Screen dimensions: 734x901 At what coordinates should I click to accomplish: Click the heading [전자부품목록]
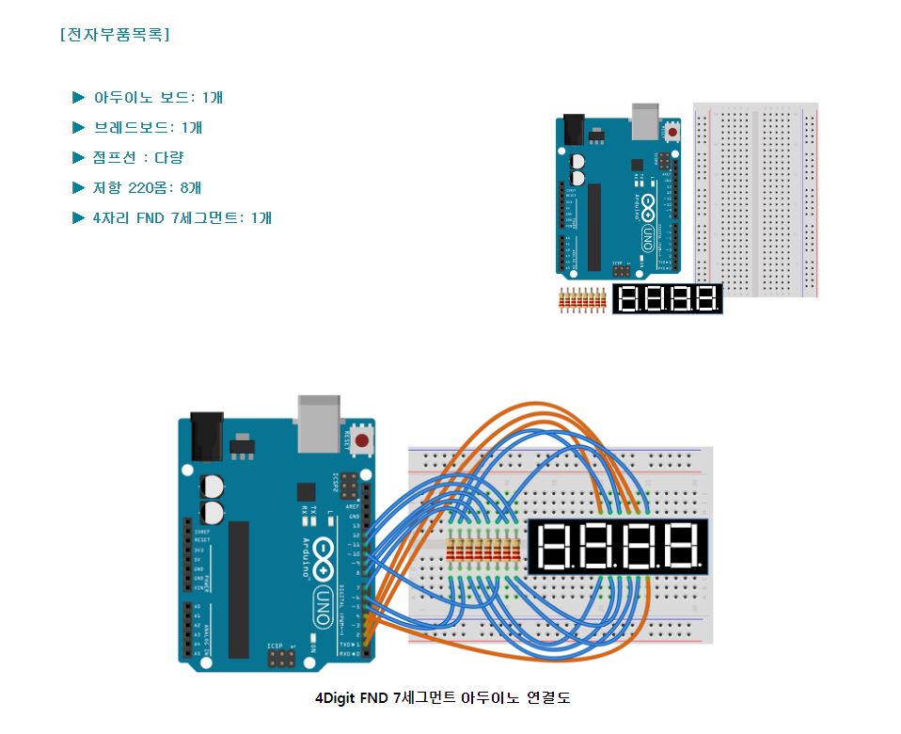pyautogui.click(x=114, y=35)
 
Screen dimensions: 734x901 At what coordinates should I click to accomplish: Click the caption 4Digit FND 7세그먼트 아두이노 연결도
pyautogui.click(x=442, y=697)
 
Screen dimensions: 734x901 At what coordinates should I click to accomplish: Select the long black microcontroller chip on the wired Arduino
pyautogui.click(x=238, y=589)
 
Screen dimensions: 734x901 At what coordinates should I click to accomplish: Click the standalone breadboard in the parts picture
pyautogui.click(x=756, y=199)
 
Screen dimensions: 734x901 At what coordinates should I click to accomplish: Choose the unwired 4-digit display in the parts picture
pyautogui.click(x=668, y=299)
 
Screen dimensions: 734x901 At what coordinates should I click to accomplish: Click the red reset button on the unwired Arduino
pyautogui.click(x=672, y=132)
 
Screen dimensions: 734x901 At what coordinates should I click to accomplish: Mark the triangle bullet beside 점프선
pyautogui.click(x=78, y=157)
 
